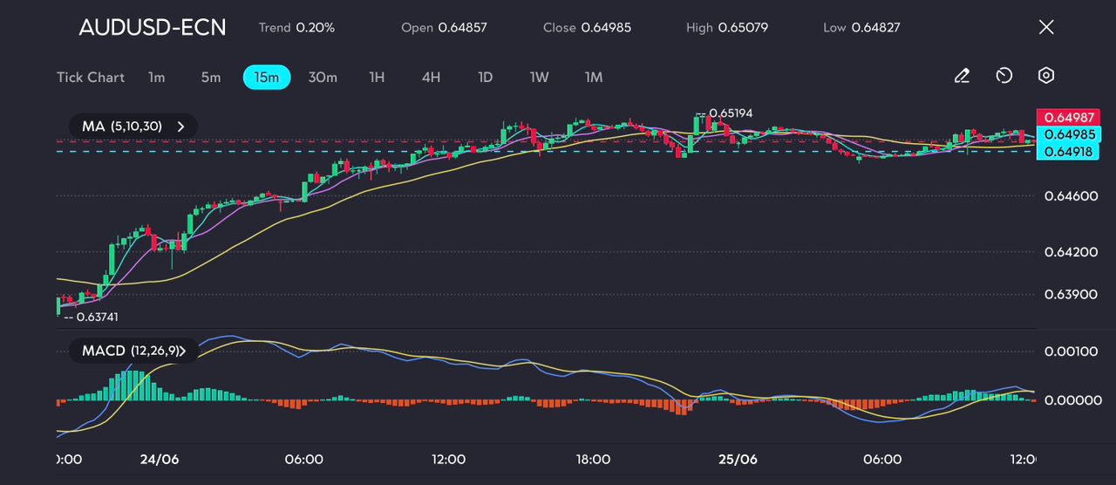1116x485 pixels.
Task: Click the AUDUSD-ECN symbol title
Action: point(152,27)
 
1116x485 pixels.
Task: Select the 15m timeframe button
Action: point(266,77)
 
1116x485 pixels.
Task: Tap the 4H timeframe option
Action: point(431,77)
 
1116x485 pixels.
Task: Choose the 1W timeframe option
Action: point(539,77)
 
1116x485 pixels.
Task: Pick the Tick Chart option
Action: point(91,77)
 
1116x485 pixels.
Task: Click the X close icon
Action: point(1046,27)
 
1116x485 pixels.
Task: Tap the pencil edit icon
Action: point(962,76)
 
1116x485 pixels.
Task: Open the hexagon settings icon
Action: point(1046,76)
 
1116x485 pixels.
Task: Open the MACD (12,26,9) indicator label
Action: point(132,351)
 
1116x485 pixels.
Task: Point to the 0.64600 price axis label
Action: point(1071,195)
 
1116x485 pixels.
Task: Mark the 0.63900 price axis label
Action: point(1071,294)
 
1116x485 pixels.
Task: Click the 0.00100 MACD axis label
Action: point(1071,352)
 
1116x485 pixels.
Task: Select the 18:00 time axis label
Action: point(593,459)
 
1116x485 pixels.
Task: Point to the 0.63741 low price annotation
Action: point(95,317)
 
